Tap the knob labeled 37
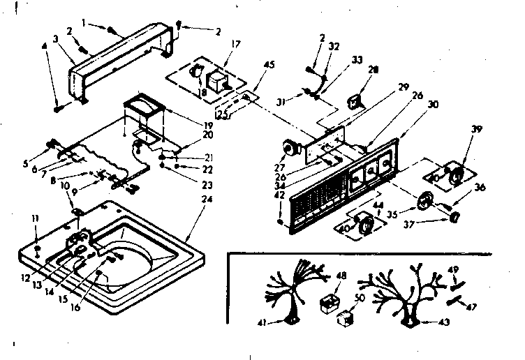(x=454, y=218)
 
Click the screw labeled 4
(x=58, y=107)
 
